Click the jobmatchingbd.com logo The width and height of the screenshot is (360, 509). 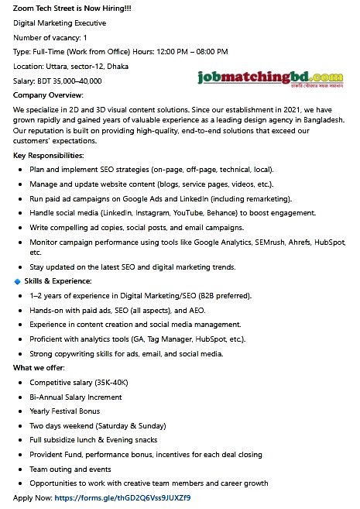pyautogui.click(x=269, y=78)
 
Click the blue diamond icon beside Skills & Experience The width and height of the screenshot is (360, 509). pyautogui.click(x=18, y=280)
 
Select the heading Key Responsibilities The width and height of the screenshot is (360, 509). pyautogui.click(x=49, y=156)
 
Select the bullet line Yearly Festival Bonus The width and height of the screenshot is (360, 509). pyautogui.click(x=64, y=411)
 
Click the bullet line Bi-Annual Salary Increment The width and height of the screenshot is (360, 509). pyautogui.click(x=76, y=397)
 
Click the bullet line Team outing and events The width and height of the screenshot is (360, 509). pyautogui.click(x=70, y=469)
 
